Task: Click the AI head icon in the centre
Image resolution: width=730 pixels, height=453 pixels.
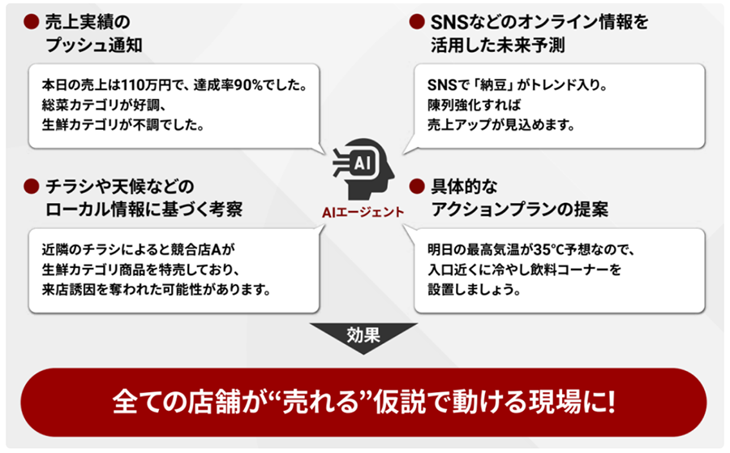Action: point(363,169)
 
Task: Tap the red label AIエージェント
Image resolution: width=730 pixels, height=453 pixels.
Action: point(363,213)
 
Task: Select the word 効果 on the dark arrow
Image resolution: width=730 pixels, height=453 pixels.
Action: point(363,334)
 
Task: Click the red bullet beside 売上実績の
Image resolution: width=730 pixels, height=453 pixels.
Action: point(31,21)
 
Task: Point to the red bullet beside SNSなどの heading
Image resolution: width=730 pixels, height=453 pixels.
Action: point(417,21)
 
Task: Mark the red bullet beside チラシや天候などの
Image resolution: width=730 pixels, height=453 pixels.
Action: point(31,187)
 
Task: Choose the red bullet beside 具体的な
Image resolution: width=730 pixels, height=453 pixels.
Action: point(417,187)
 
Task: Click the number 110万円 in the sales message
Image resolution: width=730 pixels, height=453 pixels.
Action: point(146,85)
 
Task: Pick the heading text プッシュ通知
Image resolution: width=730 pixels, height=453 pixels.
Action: point(94,45)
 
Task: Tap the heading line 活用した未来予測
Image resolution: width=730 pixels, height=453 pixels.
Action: point(498,45)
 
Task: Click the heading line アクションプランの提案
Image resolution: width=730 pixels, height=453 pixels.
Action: point(520,209)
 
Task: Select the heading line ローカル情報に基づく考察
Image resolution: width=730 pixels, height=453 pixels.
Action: point(144,209)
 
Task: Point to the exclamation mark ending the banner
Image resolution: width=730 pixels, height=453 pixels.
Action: point(610,402)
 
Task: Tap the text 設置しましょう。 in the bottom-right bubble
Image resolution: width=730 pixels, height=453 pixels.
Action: point(474,289)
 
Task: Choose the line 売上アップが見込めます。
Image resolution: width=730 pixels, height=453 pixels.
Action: point(501,125)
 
